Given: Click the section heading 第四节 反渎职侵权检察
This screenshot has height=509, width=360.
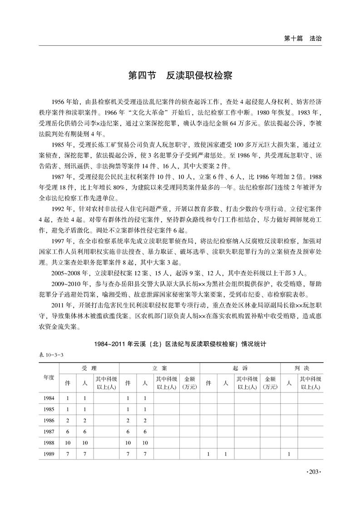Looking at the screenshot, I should (180, 76).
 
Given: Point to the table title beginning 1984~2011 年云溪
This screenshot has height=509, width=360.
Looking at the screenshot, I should (180, 345).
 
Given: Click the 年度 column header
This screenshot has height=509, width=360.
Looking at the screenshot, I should (49, 377).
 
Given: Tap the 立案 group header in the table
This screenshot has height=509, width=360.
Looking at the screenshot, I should (160, 368).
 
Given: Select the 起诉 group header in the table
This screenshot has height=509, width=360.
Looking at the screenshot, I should (241, 368).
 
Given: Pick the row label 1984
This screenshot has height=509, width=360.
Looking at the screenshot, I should (49, 398).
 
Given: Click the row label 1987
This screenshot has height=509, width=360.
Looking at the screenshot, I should (49, 431).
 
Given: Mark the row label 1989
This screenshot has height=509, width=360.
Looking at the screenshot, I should (49, 454).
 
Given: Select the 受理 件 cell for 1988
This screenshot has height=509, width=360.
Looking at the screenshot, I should (68, 443).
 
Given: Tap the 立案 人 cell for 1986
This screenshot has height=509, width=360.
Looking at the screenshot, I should (145, 421).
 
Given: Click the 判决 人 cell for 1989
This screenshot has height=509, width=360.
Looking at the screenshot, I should (289, 454).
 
